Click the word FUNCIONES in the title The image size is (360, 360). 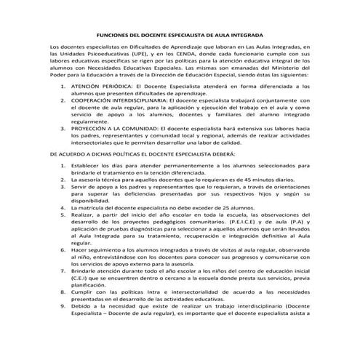click(113, 34)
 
